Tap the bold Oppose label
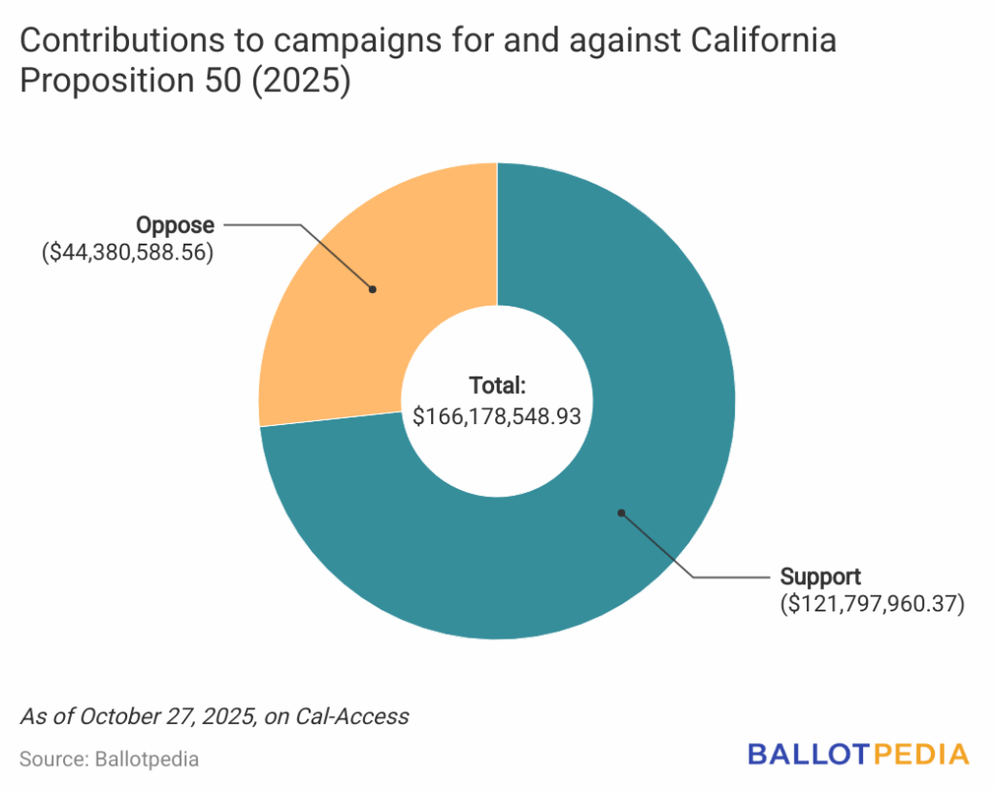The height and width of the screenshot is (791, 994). point(175,225)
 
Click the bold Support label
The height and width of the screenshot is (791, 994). point(820,576)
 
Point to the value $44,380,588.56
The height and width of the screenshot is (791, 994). point(127,254)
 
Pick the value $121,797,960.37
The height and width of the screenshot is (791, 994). point(873,605)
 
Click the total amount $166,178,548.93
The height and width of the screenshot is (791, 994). point(497,416)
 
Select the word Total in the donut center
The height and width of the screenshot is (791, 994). point(495,385)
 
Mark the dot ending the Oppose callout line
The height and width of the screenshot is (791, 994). point(372,288)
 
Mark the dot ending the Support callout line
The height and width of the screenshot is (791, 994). point(621,511)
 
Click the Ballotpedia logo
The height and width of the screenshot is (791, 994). point(858,754)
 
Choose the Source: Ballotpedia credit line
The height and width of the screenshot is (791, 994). point(109,759)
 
